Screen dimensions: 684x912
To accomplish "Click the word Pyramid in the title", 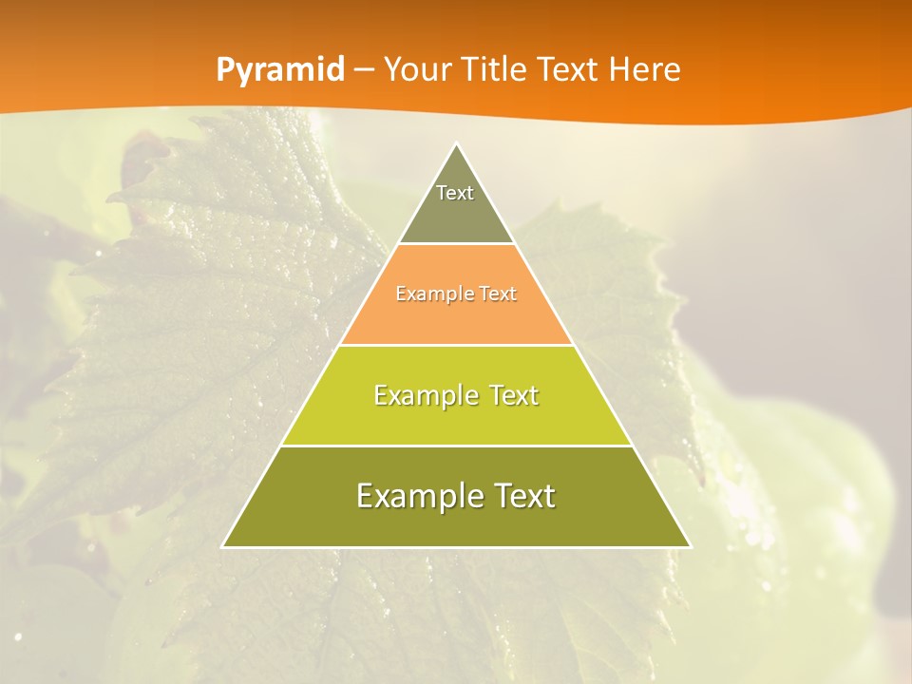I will click(280, 70).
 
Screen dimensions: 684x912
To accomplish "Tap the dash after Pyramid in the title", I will click(364, 70).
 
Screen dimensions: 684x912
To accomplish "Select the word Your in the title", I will click(415, 70).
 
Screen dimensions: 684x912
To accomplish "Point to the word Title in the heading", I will click(494, 70).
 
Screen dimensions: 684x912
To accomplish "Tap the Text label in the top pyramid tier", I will click(455, 193).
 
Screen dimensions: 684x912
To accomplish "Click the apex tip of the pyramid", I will click(457, 144).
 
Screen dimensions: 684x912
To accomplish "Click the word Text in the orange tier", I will click(498, 294).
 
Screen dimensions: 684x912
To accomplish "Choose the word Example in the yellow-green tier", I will click(423, 395).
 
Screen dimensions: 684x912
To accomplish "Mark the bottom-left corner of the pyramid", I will click(223, 546).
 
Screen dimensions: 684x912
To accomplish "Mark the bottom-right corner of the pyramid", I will click(690, 546).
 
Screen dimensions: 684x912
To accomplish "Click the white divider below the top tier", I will click(457, 244).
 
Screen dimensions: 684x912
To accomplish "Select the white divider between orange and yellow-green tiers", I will click(457, 345).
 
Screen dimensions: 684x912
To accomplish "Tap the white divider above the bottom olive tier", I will click(457, 446).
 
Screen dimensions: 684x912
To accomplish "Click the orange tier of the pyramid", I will click(457, 318).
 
